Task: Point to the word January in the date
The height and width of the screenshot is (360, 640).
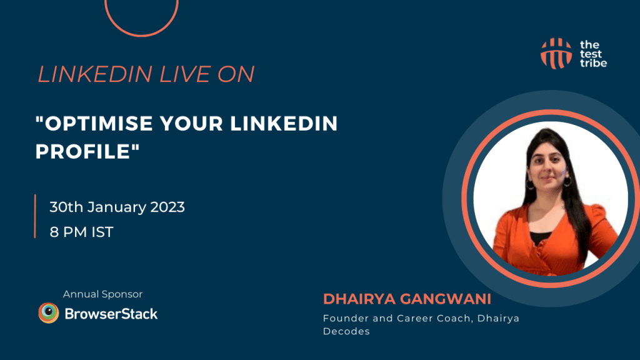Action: pyautogui.click(x=111, y=207)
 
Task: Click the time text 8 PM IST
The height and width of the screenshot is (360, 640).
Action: pyautogui.click(x=82, y=232)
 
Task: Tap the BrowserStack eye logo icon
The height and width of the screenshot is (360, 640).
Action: pyautogui.click(x=49, y=313)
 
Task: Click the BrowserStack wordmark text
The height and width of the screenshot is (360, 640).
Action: pyautogui.click(x=111, y=313)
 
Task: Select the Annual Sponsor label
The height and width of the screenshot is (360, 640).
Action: pyautogui.click(x=103, y=294)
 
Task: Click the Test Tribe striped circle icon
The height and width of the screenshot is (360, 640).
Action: pyautogui.click(x=556, y=53)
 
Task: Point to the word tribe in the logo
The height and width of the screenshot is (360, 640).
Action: pyautogui.click(x=593, y=63)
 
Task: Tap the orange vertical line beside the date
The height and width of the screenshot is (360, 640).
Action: pyautogui.click(x=36, y=216)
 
